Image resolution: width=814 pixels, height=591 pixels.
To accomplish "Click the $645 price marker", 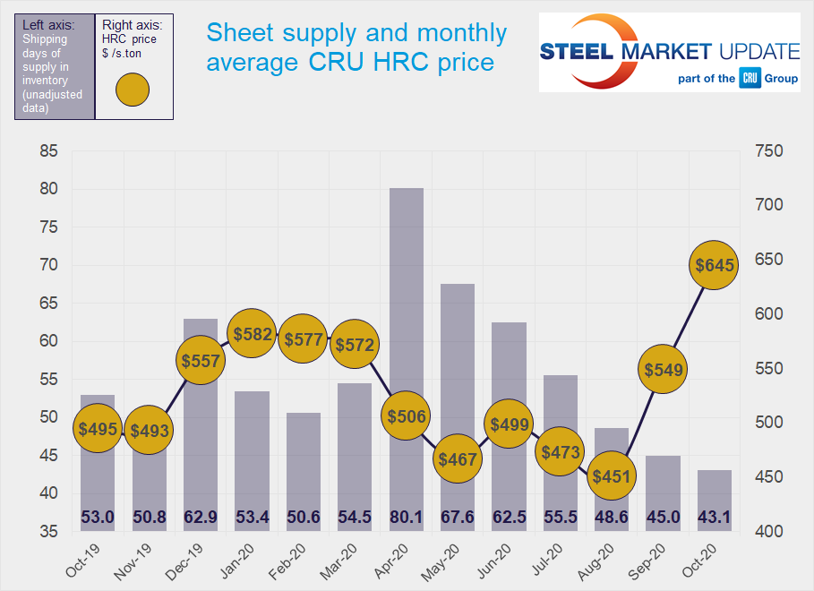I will pos(714,265).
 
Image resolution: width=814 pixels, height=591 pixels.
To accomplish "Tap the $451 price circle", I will pos(612,476).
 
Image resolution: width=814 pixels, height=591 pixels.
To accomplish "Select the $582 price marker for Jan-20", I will pos(251,334).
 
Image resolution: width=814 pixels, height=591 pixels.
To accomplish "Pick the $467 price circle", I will pos(457,458).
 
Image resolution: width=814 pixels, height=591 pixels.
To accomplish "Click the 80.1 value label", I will pos(406,517).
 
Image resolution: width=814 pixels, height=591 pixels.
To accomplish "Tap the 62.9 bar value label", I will pos(200,517).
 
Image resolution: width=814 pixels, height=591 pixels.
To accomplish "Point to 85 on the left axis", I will pos(49,151).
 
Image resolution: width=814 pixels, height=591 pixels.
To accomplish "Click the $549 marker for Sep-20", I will pos(663,368).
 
